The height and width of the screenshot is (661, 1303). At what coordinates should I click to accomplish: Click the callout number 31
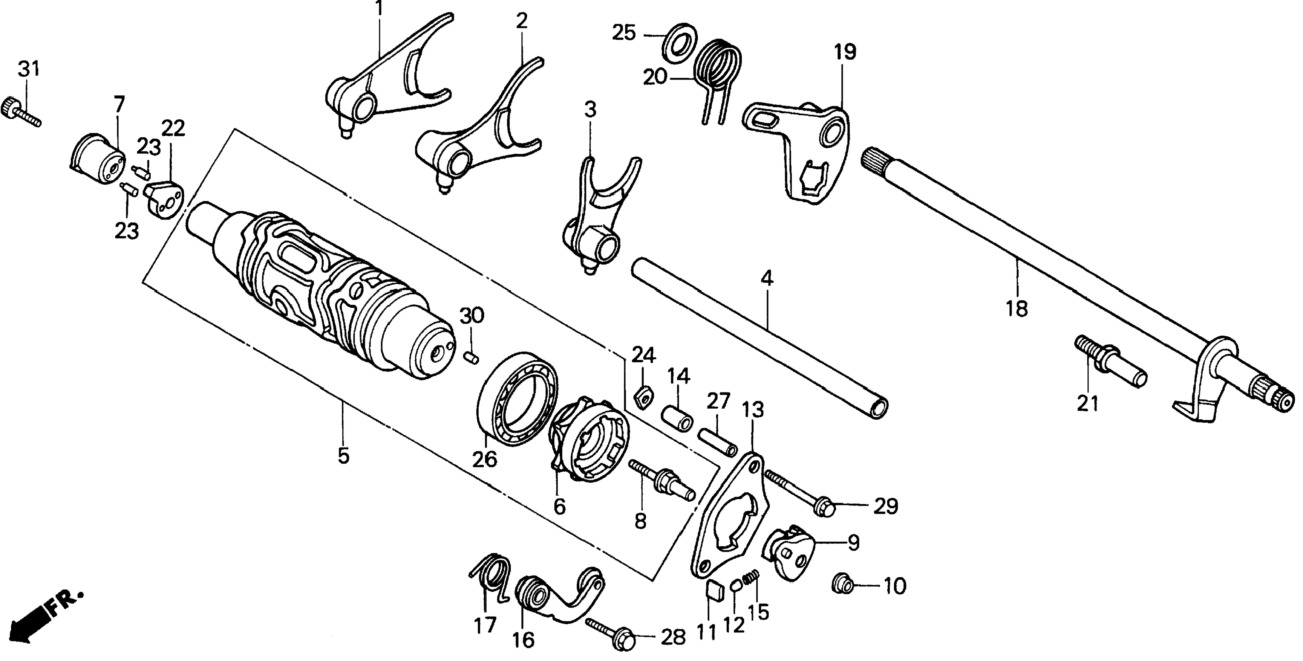tap(28, 69)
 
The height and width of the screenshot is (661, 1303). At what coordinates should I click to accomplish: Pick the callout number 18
tap(1017, 308)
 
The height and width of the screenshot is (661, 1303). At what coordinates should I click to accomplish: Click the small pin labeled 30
tap(472, 358)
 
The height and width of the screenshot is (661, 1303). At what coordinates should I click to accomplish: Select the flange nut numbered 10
tap(842, 586)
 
